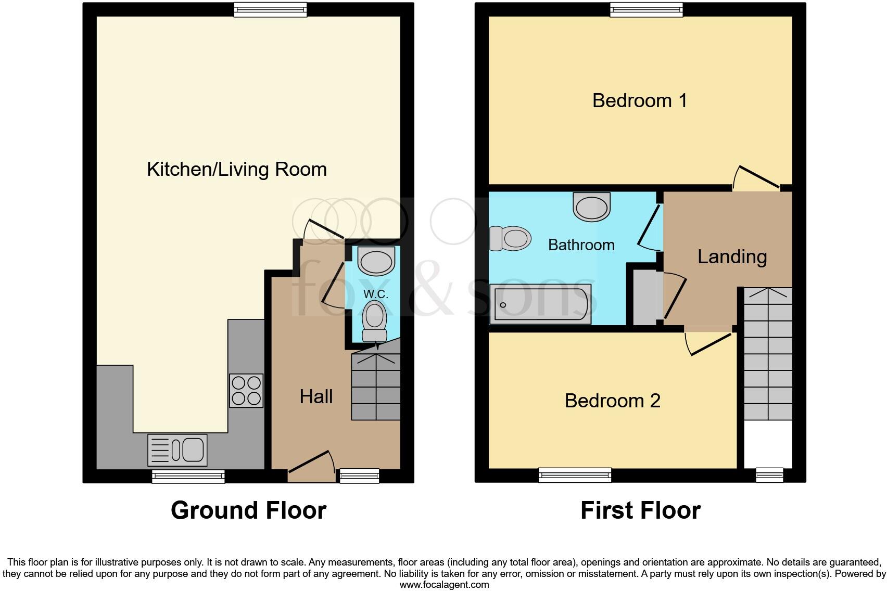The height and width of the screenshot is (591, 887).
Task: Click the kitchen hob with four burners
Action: click(246, 391)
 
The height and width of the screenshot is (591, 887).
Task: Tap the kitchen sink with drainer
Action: click(178, 450)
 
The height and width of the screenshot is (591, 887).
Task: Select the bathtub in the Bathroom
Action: click(540, 304)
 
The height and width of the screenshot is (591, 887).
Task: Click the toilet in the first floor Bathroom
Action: click(510, 238)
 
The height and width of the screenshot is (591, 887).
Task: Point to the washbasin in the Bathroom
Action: click(591, 207)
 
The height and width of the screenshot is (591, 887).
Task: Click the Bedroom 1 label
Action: click(639, 100)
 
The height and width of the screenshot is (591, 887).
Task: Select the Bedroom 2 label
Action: click(612, 401)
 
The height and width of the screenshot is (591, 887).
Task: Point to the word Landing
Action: click(732, 256)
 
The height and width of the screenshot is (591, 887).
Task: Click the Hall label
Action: click(316, 397)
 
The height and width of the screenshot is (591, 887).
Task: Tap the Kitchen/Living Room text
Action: click(237, 169)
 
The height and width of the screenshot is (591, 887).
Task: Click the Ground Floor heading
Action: click(248, 510)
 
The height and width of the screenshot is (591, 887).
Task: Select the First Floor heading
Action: click(640, 510)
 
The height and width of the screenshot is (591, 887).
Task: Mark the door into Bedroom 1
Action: click(756, 178)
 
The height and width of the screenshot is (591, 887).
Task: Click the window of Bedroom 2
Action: click(575, 475)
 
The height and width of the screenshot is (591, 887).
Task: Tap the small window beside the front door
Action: click(359, 476)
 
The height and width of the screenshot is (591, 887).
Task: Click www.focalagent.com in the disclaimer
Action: click(443, 585)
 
